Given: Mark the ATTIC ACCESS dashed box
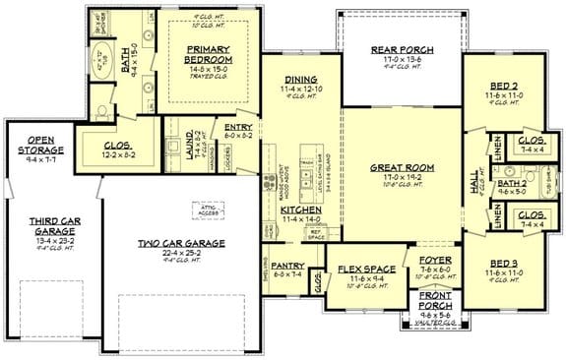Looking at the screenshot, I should click(207, 208).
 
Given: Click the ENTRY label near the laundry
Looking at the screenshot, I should click(238, 127).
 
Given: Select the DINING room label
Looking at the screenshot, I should click(299, 87).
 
